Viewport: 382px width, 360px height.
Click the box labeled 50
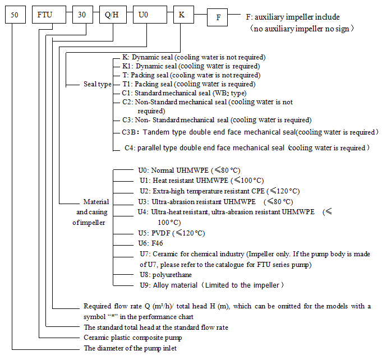coord(15,15)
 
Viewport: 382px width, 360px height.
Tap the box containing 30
coord(82,15)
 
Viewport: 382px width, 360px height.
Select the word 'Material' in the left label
coord(96,201)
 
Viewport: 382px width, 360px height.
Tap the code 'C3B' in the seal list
coord(131,132)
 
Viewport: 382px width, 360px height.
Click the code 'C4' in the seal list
coord(128,148)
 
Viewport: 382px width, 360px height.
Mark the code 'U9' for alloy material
coord(145,285)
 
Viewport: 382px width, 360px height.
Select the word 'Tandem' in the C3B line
coord(157,132)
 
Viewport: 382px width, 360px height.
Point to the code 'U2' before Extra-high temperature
coord(145,191)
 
